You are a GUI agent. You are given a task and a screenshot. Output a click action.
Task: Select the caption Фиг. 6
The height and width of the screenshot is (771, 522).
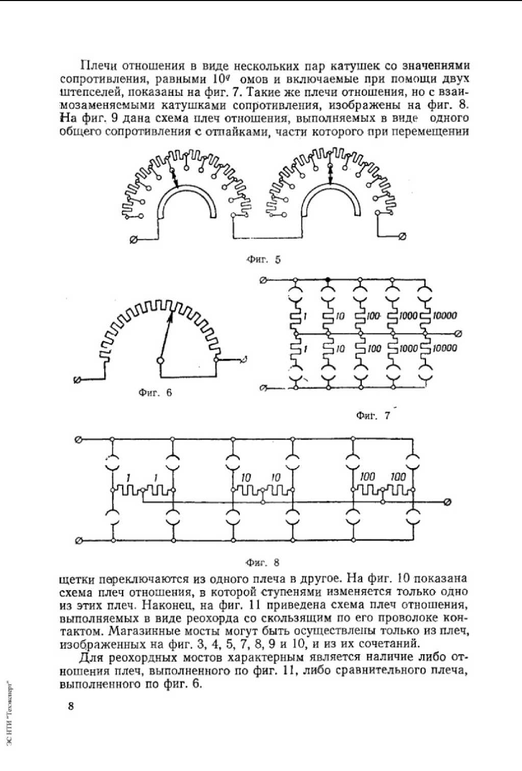point(155,393)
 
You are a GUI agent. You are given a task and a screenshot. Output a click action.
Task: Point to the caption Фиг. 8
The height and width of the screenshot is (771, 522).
point(263,563)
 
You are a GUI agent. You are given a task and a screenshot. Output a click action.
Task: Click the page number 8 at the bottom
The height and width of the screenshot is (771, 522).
point(71,707)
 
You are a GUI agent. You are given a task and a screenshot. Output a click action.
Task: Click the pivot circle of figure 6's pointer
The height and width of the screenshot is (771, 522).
point(160,361)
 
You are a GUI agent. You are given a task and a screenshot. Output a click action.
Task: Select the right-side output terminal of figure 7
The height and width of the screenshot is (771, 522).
point(458,334)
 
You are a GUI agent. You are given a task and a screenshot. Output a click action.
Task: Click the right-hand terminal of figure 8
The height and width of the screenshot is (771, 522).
point(448,502)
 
